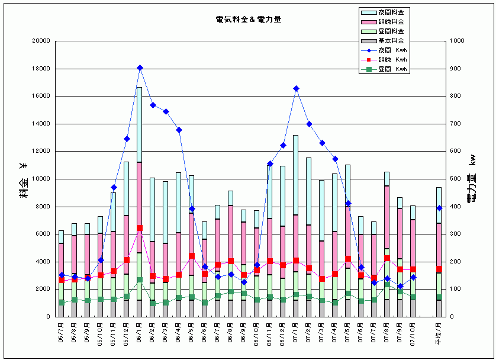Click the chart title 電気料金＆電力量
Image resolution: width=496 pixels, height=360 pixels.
(248, 20)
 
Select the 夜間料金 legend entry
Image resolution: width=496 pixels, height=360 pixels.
(392, 12)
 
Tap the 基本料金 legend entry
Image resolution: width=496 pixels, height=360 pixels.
(392, 41)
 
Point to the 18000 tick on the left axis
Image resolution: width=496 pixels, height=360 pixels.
(41, 69)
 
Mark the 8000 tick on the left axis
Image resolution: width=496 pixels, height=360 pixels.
(43, 207)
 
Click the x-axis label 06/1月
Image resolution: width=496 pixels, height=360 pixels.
(140, 335)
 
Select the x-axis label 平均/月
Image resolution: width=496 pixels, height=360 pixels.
(439, 335)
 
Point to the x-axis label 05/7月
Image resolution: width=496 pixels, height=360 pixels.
(62, 335)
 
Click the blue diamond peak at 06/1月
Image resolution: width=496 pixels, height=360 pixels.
(140, 68)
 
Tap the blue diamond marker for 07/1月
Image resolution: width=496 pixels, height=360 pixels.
(296, 89)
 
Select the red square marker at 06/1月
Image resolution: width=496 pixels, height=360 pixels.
(140, 228)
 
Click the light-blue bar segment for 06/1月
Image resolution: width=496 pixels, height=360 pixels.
(140, 124)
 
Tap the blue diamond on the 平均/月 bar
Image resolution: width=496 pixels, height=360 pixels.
(439, 208)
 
